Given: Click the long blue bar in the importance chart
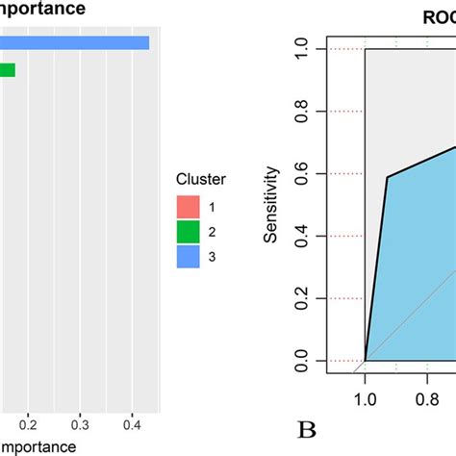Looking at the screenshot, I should coord(72,42).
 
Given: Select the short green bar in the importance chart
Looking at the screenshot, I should coord(8,69).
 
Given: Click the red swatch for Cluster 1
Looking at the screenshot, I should coord(188,207).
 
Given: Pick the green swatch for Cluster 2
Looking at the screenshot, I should coord(188,231).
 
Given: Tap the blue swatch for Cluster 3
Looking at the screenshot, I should coord(188,256).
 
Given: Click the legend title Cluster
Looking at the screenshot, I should coord(200,179).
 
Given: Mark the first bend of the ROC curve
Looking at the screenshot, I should coord(388,177).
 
